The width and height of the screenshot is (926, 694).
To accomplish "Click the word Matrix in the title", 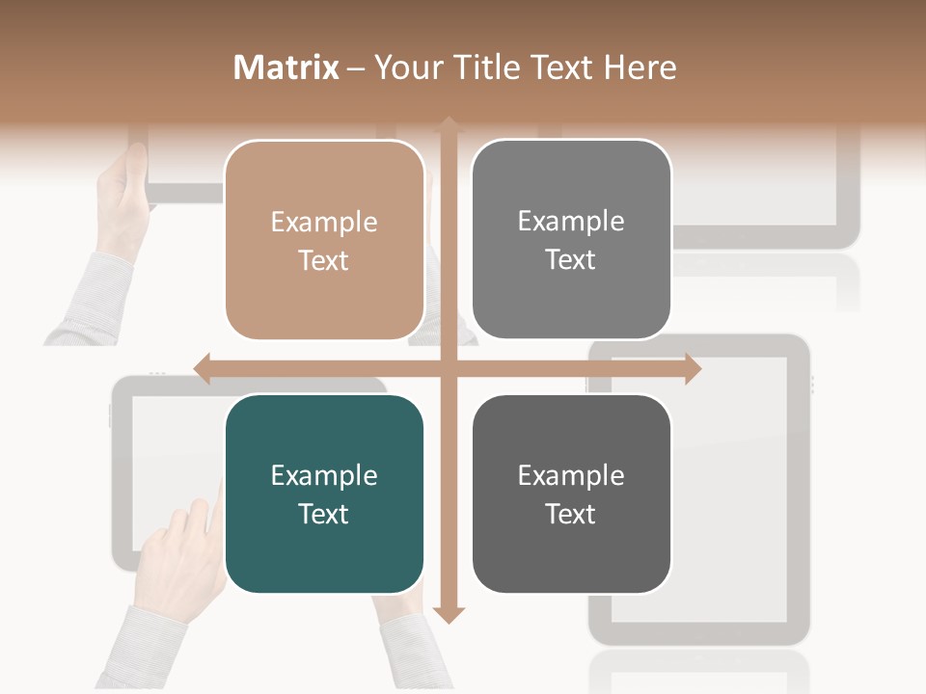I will point(286,67).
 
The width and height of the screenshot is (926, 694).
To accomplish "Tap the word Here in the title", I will point(640,67).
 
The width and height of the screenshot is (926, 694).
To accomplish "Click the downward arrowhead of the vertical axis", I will point(449,614).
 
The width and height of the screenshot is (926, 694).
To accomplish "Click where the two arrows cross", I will point(449,368).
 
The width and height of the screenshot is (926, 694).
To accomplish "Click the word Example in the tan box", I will point(324,223).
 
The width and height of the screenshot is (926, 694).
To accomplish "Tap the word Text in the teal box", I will point(324,514).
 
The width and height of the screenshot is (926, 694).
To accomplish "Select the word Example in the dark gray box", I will point(571,475).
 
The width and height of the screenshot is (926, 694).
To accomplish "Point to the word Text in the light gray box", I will point(571,260).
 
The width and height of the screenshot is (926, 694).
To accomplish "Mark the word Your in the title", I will point(406,67).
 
